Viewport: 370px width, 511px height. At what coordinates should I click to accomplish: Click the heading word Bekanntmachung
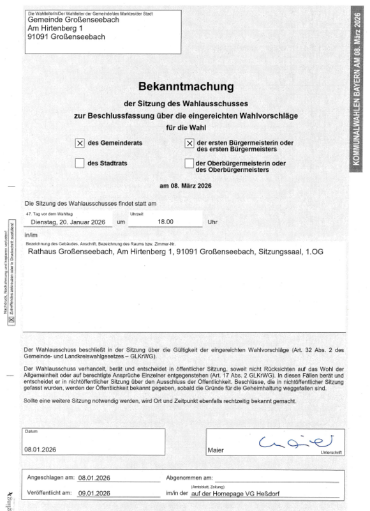pos(186,86)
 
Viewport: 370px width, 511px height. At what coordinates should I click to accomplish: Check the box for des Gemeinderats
pos(80,144)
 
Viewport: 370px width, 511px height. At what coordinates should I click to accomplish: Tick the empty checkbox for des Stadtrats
pos(80,164)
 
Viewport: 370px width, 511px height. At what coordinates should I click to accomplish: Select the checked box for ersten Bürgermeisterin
pos(189,144)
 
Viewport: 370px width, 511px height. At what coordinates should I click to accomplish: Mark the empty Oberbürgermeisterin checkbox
pos(189,164)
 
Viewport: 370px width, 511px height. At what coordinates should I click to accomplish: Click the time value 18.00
pos(165,222)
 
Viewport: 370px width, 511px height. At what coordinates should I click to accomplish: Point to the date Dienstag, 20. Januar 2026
pos(68,222)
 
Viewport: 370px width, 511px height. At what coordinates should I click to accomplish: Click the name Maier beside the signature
pos(216,450)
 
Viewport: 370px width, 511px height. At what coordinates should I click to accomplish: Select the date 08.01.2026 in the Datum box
pos(41,450)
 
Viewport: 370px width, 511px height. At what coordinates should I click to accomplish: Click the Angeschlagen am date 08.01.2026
pos(94,478)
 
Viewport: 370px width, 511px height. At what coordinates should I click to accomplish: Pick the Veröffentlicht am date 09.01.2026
pos(94,493)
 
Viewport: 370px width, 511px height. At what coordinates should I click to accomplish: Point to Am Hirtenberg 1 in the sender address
pos(56,29)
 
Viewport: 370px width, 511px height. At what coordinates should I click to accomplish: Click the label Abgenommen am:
pos(189,478)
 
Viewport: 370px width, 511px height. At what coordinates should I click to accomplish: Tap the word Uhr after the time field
pos(213,222)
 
